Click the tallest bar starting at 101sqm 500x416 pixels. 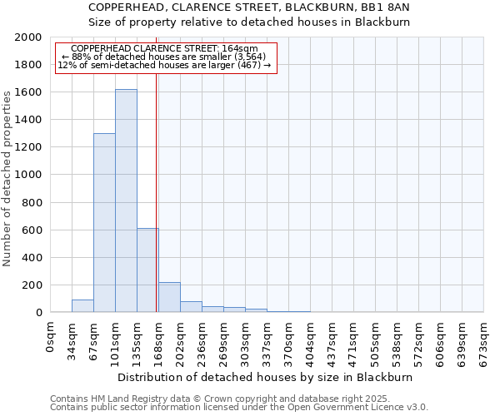point(126,201)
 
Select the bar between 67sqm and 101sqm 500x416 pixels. point(104,222)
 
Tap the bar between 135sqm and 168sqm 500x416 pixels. point(147,270)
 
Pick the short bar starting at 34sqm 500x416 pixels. point(82,305)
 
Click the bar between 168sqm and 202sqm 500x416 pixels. point(169,297)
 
